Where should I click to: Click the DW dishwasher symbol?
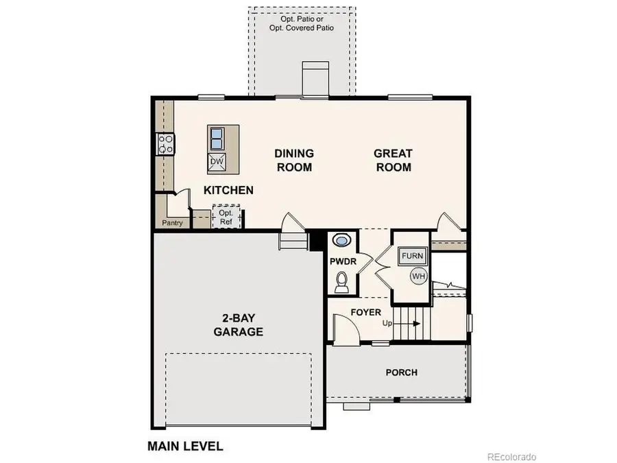(217, 162)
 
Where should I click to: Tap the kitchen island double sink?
(217, 138)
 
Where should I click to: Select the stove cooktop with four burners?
(166, 143)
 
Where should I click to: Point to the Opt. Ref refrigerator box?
(226, 217)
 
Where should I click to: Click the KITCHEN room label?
(228, 190)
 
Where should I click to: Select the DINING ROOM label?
(294, 161)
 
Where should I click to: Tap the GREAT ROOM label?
(393, 161)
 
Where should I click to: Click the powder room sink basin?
(341, 240)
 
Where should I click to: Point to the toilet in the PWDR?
(342, 281)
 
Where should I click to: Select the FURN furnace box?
(413, 256)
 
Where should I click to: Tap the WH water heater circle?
(418, 276)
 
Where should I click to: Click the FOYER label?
(365, 312)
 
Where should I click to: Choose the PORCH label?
(401, 372)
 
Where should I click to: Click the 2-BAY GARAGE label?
(238, 325)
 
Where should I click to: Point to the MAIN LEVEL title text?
(185, 446)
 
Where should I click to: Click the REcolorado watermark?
(511, 456)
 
